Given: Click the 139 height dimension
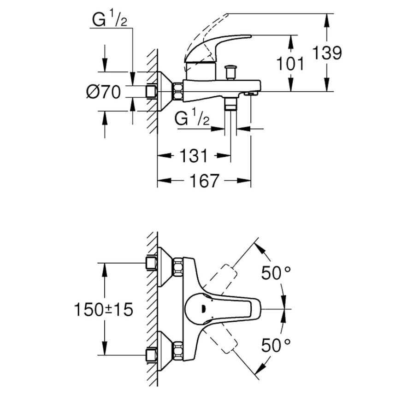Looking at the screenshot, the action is point(327,53).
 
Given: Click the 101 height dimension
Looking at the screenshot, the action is point(291,64).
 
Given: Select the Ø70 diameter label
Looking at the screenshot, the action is point(103,92).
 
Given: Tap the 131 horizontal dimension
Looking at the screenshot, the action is point(194,156).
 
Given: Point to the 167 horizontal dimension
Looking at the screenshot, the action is point(204,181).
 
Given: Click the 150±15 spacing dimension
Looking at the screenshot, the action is point(103,309).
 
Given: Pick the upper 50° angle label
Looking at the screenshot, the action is point(276,273).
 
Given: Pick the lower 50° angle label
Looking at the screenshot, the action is point(276,345).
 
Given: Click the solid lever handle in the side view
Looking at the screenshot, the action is point(218,48).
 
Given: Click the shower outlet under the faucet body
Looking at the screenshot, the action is point(230,103).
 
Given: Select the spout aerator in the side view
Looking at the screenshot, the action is point(250,94).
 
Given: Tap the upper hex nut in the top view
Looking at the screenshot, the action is point(178,267).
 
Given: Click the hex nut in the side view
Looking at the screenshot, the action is point(178,91).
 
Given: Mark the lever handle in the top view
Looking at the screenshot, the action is point(219,309).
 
